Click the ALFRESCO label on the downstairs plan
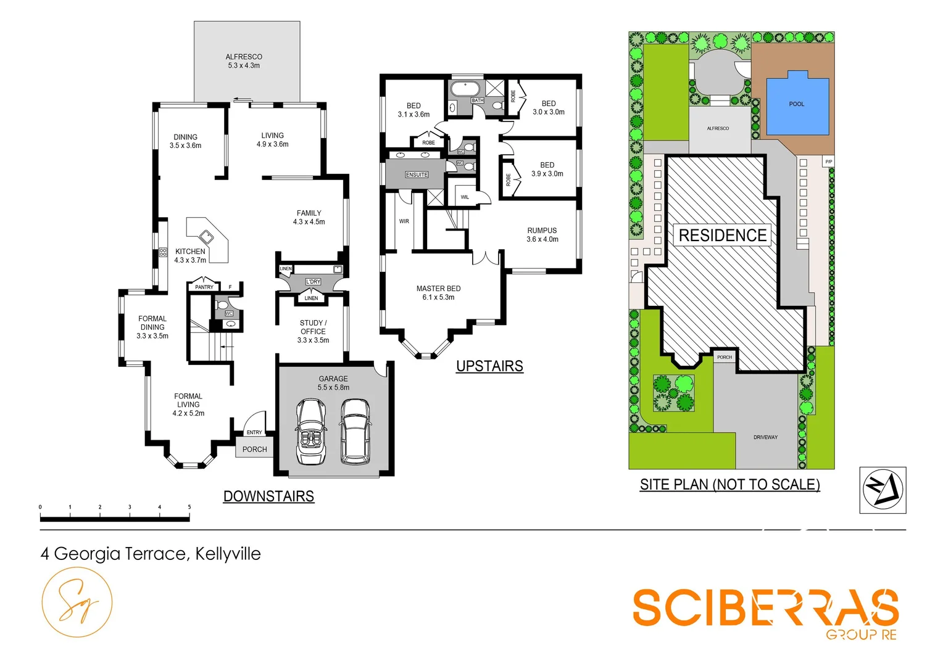point(244,57)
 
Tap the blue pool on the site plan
point(797,104)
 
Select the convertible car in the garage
point(310,431)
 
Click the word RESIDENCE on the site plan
point(722,236)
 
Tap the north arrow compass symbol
point(883,490)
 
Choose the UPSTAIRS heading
point(489,366)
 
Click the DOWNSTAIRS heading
point(268,496)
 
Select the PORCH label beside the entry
point(254,450)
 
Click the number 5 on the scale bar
point(189,507)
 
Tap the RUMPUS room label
point(542,231)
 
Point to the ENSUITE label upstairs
point(417,175)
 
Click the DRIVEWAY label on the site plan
point(765,437)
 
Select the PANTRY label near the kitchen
point(204,287)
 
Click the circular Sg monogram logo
point(77,602)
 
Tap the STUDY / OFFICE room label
point(313,327)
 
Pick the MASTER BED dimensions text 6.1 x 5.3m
point(438,297)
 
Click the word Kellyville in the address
point(228,554)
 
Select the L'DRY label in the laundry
point(313,282)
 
